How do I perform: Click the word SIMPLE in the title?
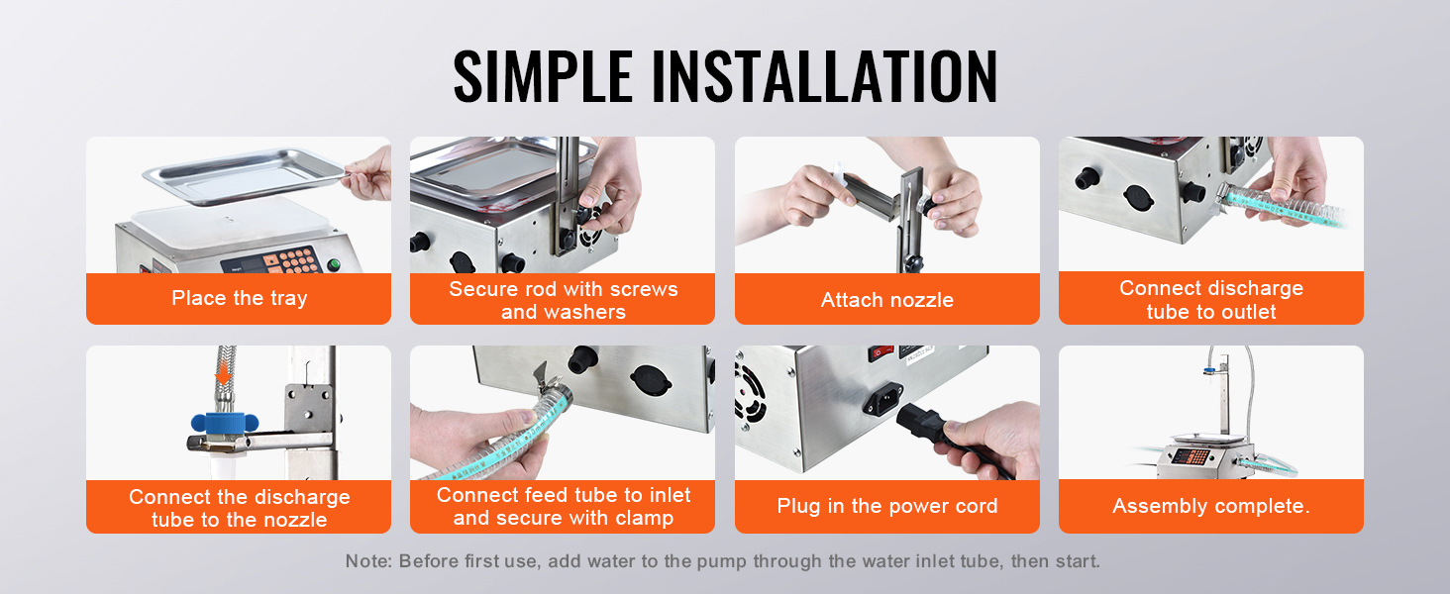(x=543, y=76)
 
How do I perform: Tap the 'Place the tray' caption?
(x=239, y=298)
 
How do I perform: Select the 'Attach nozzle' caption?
(x=886, y=300)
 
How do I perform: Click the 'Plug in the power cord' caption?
(x=886, y=506)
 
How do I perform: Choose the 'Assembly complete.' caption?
(x=1210, y=505)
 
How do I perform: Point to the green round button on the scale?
(x=334, y=264)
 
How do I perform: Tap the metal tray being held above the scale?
(x=245, y=176)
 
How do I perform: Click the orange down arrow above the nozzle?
(x=223, y=374)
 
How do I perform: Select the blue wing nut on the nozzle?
(x=224, y=423)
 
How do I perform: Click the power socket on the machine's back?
(x=882, y=398)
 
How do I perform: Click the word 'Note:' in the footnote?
(x=368, y=561)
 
